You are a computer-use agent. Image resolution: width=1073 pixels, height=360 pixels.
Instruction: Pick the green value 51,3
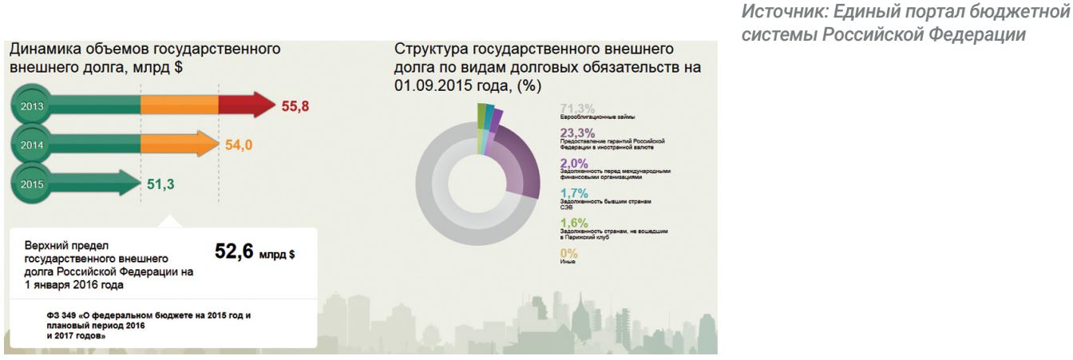click(160, 184)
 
